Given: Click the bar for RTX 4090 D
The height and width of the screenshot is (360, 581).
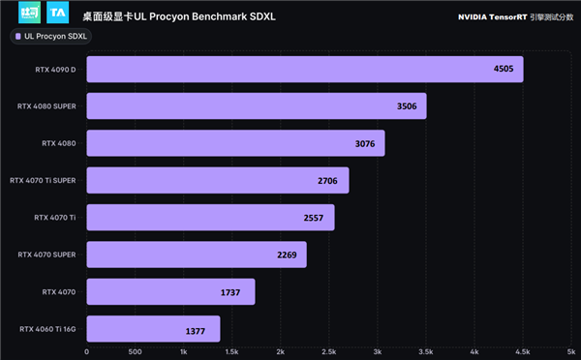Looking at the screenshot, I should pos(304,69).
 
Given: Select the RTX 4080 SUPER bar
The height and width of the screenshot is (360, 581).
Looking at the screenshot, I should pos(256,105).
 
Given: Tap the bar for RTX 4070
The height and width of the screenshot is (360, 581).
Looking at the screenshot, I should pos(170,291).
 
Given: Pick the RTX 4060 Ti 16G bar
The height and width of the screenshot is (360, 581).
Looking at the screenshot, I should pos(153,329).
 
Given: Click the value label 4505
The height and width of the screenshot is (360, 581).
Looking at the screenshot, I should pos(504,69).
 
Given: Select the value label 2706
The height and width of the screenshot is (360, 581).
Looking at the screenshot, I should pos(329,180).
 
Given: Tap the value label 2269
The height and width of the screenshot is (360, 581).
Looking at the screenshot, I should pos(288,255).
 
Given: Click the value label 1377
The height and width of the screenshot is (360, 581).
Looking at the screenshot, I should pos(197,330).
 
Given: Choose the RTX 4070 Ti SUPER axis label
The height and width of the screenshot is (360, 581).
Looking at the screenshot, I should pos(43,180).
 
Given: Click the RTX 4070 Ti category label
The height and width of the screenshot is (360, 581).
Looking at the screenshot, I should pos(53,217).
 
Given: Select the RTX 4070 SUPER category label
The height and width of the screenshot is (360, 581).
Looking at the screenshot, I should pos(46,255).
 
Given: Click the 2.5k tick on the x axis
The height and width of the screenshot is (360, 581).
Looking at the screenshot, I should pos(329,351).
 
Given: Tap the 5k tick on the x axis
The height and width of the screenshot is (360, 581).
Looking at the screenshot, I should pos(571,351).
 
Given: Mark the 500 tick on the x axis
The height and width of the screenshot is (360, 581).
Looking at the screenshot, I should pos(135,351).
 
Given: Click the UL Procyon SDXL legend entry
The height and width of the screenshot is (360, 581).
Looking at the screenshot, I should pos(50,37).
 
